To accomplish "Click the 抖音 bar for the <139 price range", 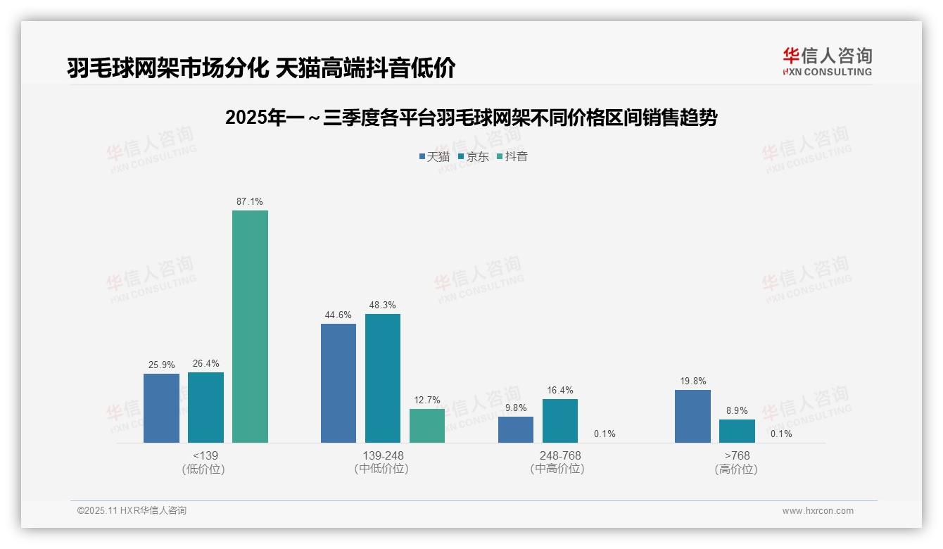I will (250, 327).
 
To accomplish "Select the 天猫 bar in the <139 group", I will (161, 408).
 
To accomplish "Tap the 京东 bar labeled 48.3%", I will (383, 378).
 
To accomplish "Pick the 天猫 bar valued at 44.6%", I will (338, 383).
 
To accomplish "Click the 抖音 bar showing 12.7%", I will (427, 426).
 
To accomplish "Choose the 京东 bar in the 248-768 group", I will (560, 421).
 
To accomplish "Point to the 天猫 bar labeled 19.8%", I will (692, 416).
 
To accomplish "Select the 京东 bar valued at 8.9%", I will (737, 431).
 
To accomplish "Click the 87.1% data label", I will (250, 202).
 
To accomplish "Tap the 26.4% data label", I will (205, 364).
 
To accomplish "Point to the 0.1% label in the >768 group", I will (781, 434).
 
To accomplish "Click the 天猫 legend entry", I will (434, 156).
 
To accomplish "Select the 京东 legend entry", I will (474, 156).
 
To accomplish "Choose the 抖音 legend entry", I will (512, 156).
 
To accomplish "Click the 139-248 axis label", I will (383, 456).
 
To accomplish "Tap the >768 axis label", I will (737, 456).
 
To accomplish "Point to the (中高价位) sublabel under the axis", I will (557, 469).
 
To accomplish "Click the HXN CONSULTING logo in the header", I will (828, 62).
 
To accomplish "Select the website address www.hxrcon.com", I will (818, 511).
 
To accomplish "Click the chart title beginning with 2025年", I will (471, 118).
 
